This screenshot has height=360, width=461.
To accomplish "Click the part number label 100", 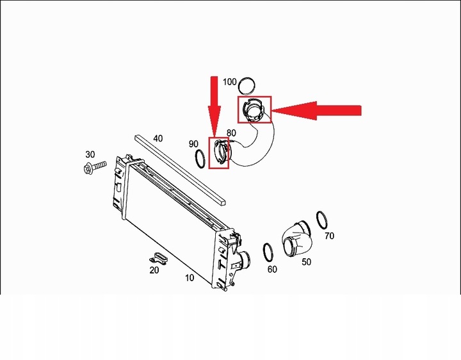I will tap(229, 83).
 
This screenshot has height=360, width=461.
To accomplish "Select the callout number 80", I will tap(231, 133).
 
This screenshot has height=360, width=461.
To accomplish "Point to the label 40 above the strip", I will tap(158, 138).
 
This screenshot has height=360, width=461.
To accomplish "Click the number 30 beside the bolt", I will tap(90, 155).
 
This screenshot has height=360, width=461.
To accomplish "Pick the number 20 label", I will tap(154, 270).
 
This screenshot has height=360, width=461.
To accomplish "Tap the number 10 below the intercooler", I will tap(190, 278).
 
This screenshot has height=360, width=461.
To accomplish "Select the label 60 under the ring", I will tap(272, 270).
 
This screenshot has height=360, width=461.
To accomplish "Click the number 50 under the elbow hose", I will tap(306, 262).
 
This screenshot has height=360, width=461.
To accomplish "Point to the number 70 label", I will tap(329, 236).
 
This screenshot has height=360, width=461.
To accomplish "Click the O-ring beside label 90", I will tap(200, 160).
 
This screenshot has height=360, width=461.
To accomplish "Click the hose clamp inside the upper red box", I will tap(254, 111).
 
